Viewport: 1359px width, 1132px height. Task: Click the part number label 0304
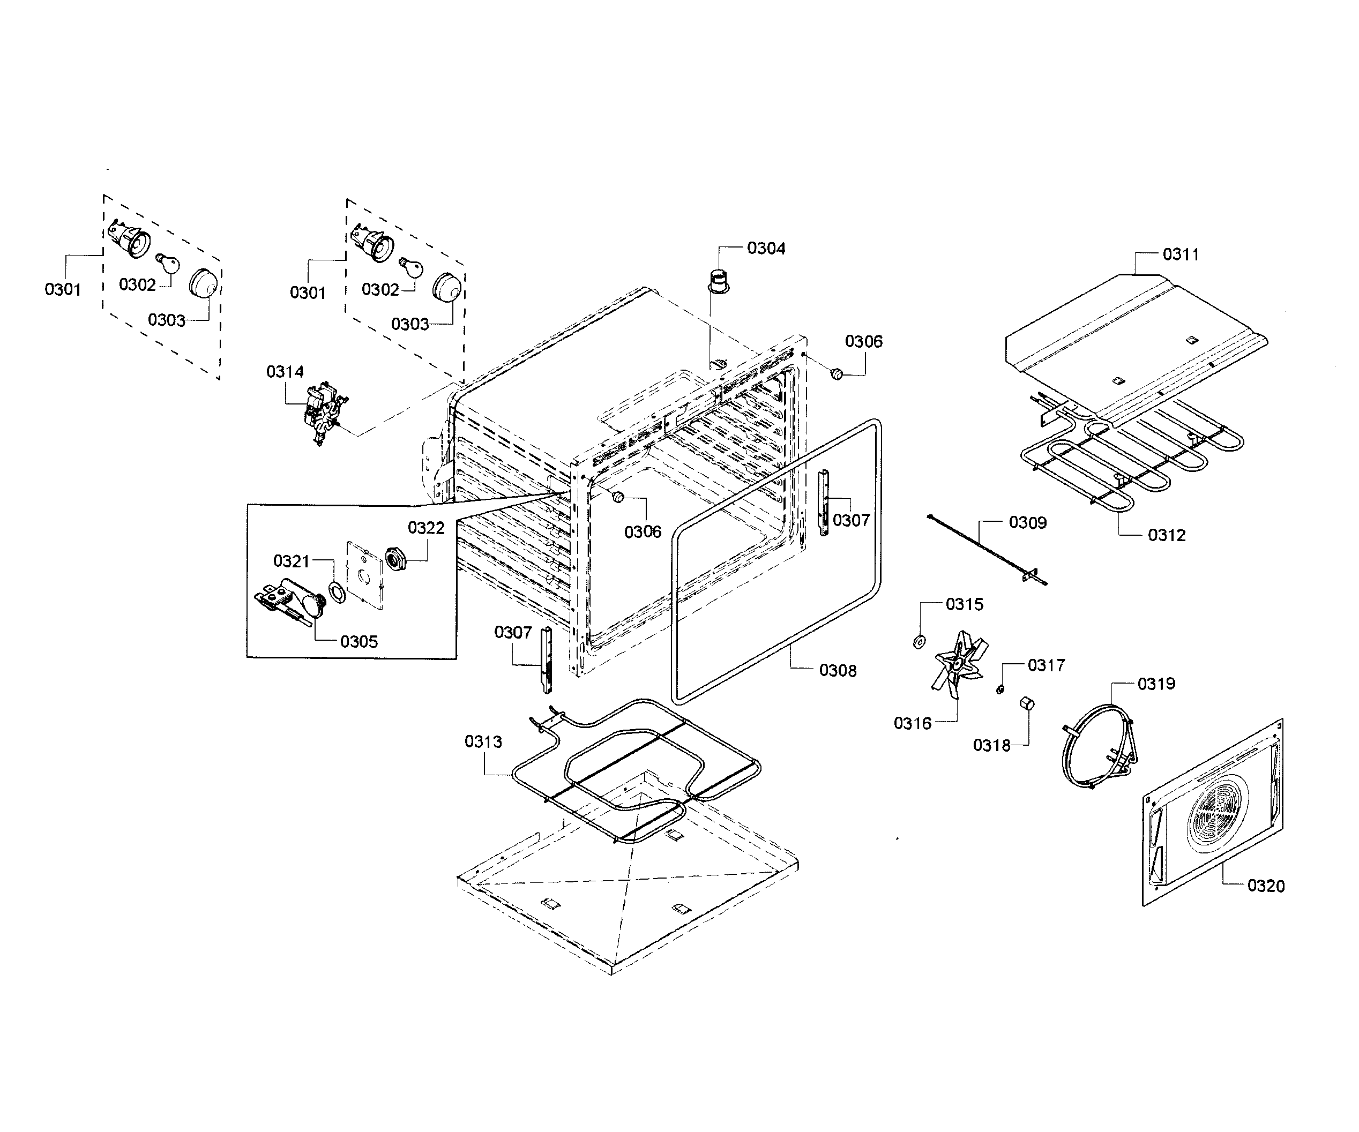point(766,249)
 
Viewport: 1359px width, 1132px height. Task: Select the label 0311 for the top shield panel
point(1181,254)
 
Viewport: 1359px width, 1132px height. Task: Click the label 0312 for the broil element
point(1166,535)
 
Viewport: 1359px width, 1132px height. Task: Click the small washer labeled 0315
point(919,642)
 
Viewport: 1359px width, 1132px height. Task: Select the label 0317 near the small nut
point(1046,665)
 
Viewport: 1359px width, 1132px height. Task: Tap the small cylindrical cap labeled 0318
point(1026,704)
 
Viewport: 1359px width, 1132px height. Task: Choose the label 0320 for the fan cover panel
point(1265,886)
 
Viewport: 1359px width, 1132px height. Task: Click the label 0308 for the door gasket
point(838,670)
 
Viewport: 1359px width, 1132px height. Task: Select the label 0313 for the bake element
point(483,741)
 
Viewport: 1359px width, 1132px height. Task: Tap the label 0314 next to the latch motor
point(285,371)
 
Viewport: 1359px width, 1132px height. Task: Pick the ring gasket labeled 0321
point(337,593)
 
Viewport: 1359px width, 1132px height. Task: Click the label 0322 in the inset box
point(426,528)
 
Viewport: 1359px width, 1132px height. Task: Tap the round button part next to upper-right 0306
point(836,373)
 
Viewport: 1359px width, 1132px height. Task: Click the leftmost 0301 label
point(63,289)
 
